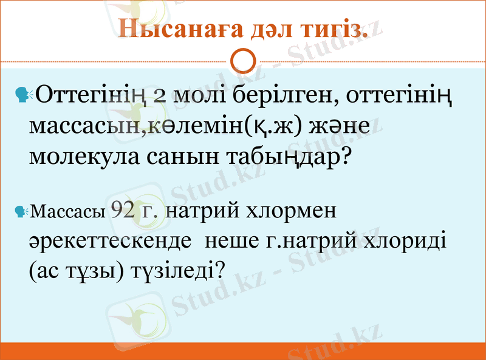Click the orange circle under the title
pyautogui.click(x=243, y=61)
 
